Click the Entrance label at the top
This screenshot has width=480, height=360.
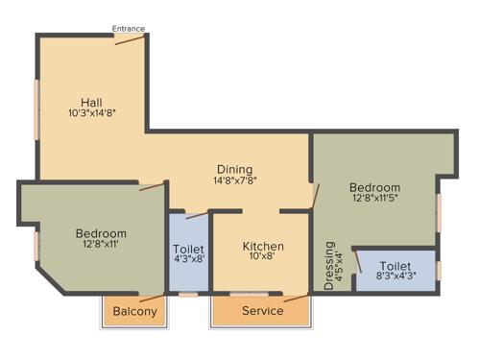click(x=129, y=29)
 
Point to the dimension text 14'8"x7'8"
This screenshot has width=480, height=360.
click(x=234, y=180)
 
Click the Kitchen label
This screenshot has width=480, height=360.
click(x=262, y=246)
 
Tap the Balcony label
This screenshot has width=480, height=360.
click(x=134, y=312)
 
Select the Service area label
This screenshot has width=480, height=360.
click(x=262, y=311)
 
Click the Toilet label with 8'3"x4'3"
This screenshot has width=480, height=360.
click(x=396, y=266)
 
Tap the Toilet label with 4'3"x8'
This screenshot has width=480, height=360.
click(x=188, y=251)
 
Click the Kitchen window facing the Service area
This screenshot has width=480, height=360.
click(x=249, y=294)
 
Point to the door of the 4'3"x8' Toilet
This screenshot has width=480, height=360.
click(x=196, y=215)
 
